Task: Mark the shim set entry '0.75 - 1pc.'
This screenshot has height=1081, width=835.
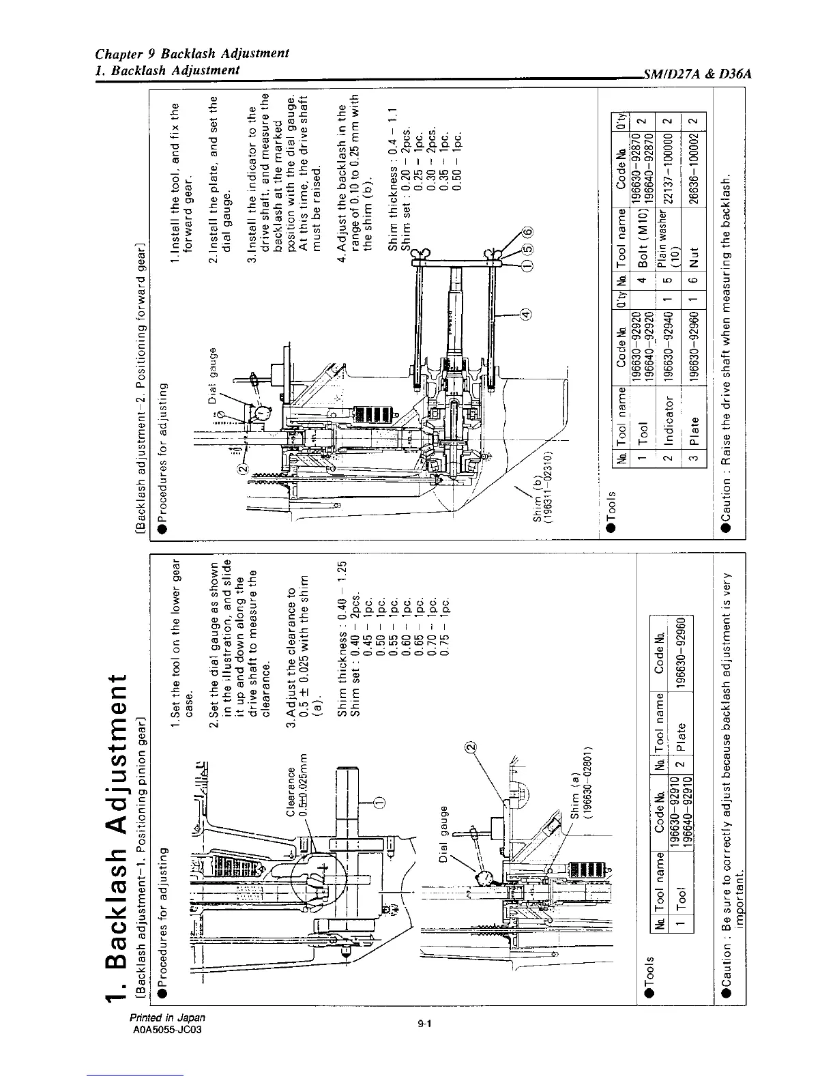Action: (x=445, y=618)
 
